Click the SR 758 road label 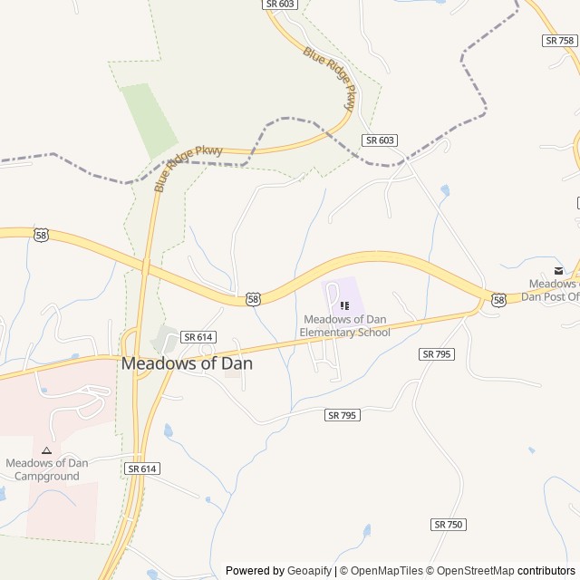point(560,41)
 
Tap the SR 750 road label point(449,525)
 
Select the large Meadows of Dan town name point(187,363)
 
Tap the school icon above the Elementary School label point(344,304)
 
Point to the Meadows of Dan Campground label point(47,469)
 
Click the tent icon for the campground point(46,449)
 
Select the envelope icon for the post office point(558,270)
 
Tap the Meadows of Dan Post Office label point(554,290)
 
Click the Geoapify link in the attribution point(309,571)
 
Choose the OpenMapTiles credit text point(382,571)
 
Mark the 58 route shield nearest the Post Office point(498,299)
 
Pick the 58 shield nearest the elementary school point(253,298)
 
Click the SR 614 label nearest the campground point(142,469)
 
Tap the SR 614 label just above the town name point(198,336)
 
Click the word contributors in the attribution point(546,571)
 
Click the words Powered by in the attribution point(255,571)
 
